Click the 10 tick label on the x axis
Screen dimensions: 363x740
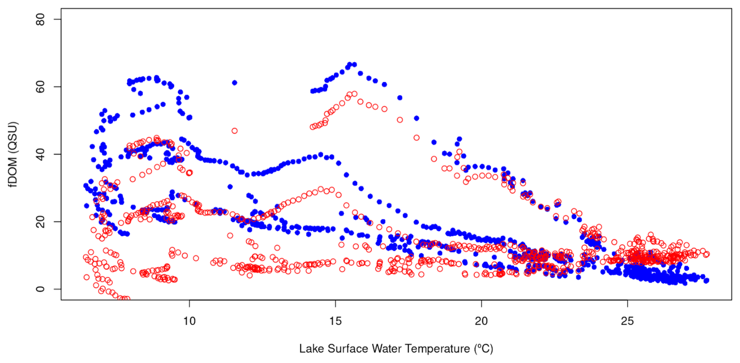click(x=189, y=321)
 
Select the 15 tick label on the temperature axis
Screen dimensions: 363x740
click(x=335, y=321)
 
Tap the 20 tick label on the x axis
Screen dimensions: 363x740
click(x=481, y=321)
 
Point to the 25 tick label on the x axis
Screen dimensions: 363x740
click(x=627, y=321)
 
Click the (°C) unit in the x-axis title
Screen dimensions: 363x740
click(x=483, y=349)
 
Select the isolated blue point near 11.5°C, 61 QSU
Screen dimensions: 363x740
click(x=234, y=83)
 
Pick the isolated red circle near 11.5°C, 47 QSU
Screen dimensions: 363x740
click(x=234, y=131)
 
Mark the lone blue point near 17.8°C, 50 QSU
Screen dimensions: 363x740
click(x=417, y=118)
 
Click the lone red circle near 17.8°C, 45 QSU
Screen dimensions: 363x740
click(x=417, y=138)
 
